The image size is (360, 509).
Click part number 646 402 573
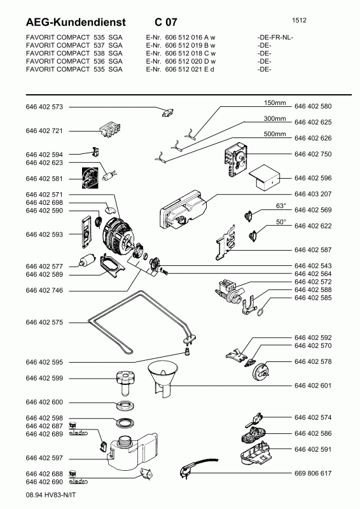point(44,107)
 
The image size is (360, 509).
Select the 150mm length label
point(275,103)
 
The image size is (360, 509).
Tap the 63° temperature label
point(280,206)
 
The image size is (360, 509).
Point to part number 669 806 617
point(313,473)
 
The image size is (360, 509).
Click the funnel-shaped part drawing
point(163,379)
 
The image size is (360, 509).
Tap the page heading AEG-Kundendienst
point(75,22)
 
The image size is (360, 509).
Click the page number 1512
point(299,20)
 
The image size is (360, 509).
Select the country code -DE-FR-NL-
point(275,38)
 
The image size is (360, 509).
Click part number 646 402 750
point(313,154)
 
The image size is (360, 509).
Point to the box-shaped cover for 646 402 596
point(265,178)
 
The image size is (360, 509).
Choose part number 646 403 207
point(313,194)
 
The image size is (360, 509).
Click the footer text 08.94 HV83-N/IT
point(51,495)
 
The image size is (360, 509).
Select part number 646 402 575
point(44,323)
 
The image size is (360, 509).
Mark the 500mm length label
point(275,134)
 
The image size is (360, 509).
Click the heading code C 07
point(166,22)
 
